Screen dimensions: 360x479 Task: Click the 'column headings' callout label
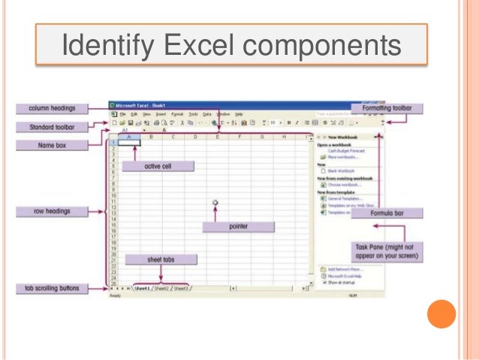pyautogui.click(x=51, y=108)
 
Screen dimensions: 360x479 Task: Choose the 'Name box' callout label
pyautogui.click(x=51, y=145)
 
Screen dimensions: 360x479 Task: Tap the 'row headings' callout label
pyautogui.click(x=51, y=211)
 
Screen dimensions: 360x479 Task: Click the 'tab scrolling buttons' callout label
pyautogui.click(x=51, y=288)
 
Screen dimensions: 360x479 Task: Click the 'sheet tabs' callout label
pyautogui.click(x=161, y=259)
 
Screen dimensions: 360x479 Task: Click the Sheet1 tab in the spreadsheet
pyautogui.click(x=140, y=288)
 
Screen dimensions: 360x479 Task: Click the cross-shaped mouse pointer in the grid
pyautogui.click(x=216, y=203)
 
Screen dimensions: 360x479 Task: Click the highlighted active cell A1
pyautogui.click(x=130, y=142)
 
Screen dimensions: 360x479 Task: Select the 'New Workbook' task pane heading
pyautogui.click(x=342, y=138)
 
